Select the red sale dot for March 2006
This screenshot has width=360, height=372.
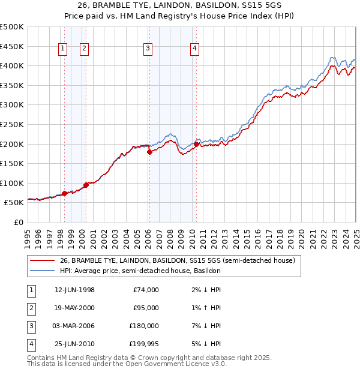[x=149, y=152]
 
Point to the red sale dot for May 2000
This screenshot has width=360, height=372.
[x=86, y=185]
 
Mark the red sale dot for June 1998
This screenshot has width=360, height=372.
[x=64, y=193]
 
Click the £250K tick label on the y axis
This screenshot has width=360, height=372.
[x=11, y=124]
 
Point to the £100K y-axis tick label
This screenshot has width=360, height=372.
[x=11, y=183]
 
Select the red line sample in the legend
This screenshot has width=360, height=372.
[x=42, y=261]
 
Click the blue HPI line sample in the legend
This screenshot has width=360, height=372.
[x=42, y=271]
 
